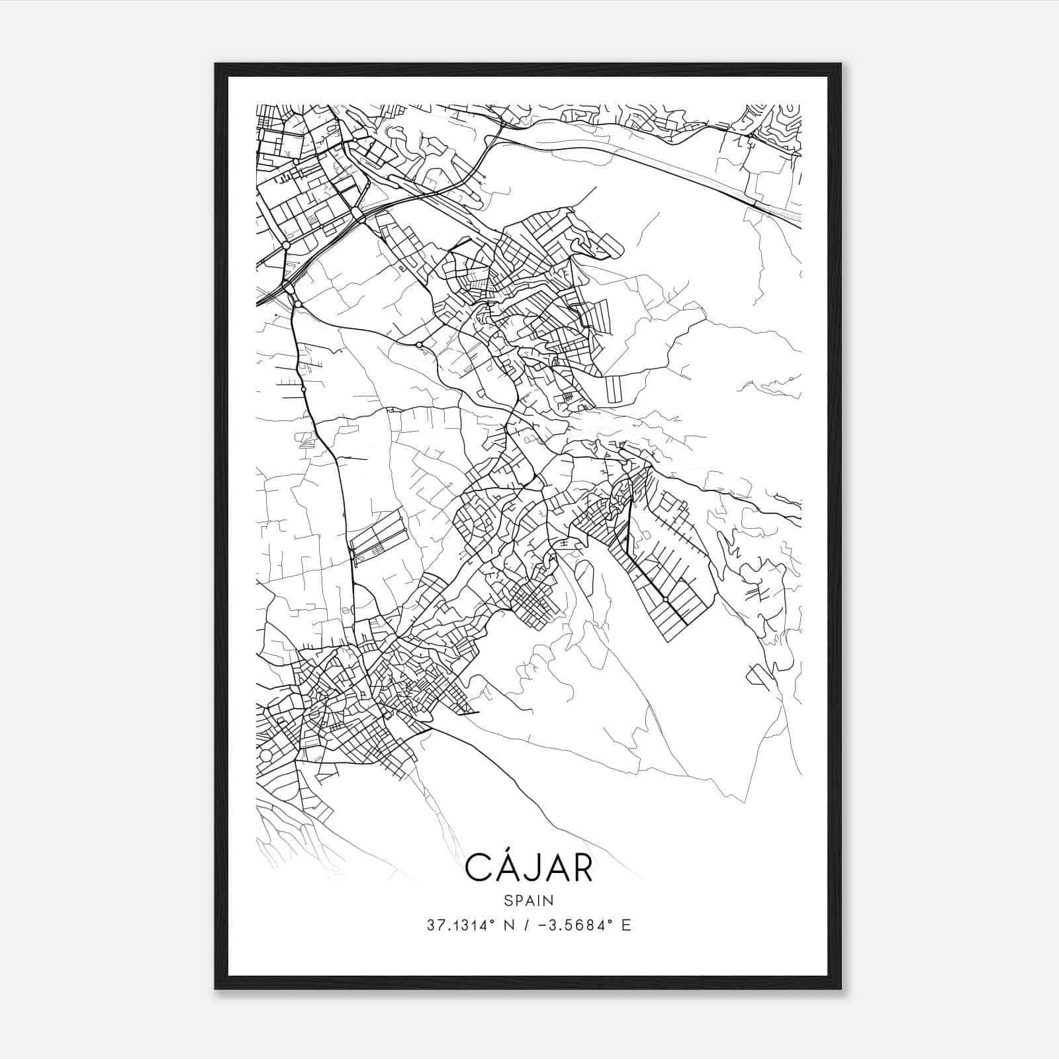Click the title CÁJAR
click(529, 867)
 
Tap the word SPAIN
click(529, 900)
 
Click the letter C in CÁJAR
click(478, 868)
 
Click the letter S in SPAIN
click(508, 900)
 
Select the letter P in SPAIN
click(518, 900)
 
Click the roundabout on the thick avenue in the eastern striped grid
click(665, 599)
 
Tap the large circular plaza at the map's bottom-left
click(265, 755)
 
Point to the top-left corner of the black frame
click(216, 64)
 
